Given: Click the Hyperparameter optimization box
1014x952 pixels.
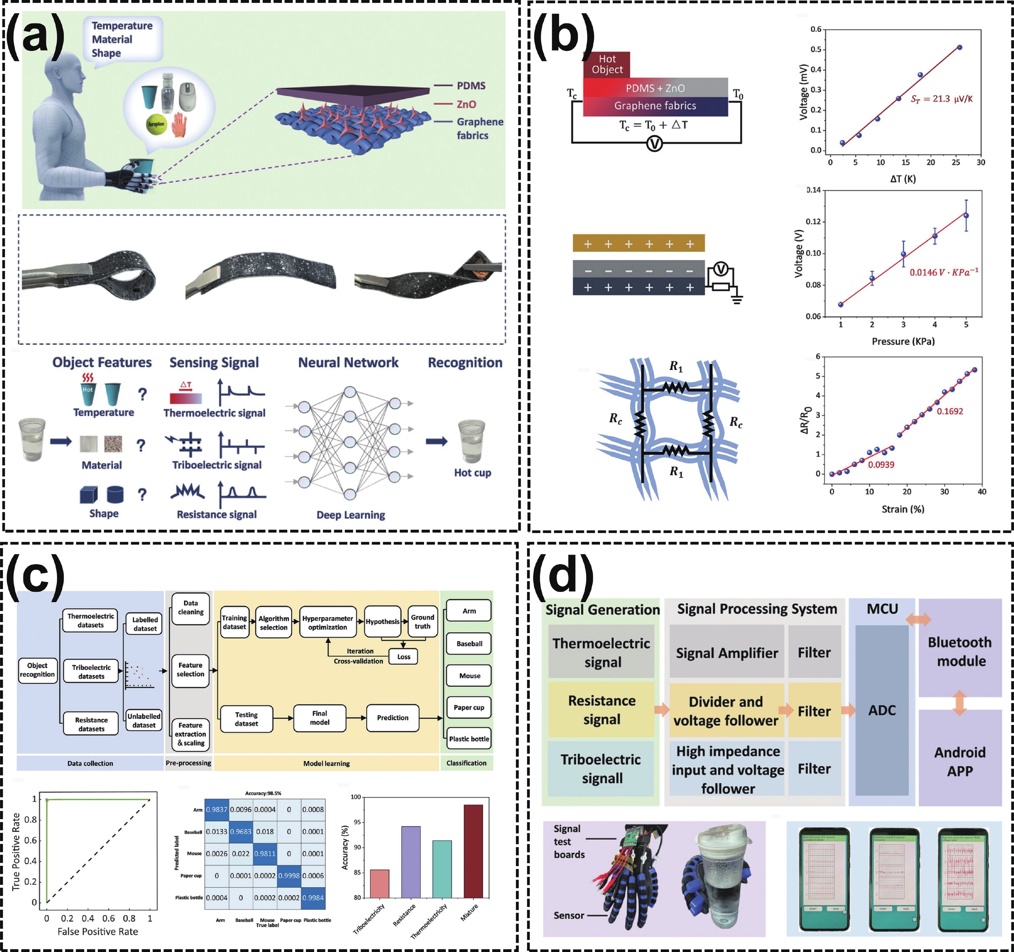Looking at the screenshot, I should point(327,622).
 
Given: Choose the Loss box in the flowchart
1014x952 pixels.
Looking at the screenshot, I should point(403,657).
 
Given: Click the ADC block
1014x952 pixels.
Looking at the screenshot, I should point(882,710).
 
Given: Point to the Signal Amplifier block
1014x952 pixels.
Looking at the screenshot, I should point(727,653).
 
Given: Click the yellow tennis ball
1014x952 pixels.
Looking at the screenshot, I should point(156,124).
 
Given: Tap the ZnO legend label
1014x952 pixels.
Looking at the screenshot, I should point(466,104).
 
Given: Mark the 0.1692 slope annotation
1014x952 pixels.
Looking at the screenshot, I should point(950,411).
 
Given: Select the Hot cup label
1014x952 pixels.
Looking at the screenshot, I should point(472,473).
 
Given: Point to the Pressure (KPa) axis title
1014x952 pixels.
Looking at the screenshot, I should point(903,341).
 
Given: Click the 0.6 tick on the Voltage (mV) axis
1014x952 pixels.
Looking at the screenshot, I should point(816,29).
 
